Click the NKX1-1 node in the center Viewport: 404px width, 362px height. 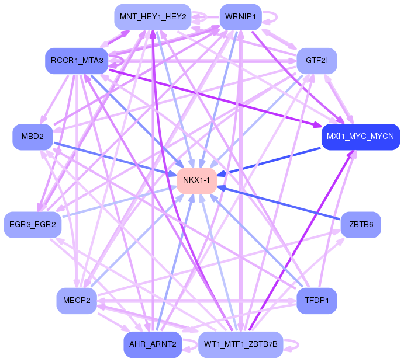[196, 180]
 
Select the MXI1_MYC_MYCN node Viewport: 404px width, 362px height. [361, 137]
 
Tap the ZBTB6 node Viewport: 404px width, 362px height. [361, 225]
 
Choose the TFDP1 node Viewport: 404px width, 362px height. [317, 301]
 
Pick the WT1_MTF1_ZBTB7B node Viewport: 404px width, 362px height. [241, 344]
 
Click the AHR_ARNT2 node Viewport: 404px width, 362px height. [153, 344]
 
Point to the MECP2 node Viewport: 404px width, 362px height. [77, 301]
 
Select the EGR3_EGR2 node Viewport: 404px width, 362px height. [33, 225]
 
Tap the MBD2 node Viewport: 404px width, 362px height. [33, 137]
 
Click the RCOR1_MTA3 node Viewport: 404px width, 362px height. [77, 61]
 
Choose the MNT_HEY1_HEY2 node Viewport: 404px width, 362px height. [153, 17]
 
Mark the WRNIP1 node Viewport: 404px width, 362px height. [241, 17]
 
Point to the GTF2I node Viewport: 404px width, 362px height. [317, 61]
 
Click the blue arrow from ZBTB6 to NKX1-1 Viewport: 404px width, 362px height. [278, 203]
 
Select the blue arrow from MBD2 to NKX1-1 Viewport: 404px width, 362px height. [115, 159]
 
